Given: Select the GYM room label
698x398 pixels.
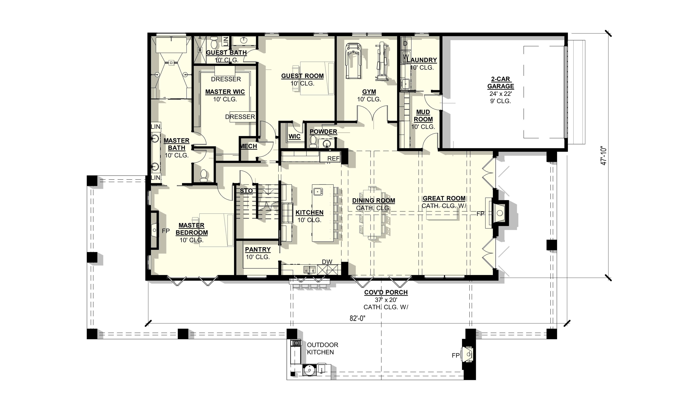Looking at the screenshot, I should click(x=369, y=92).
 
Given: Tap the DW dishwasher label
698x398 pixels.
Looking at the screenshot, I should click(x=327, y=262).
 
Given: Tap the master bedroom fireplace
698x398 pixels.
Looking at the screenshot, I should click(x=154, y=230).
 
